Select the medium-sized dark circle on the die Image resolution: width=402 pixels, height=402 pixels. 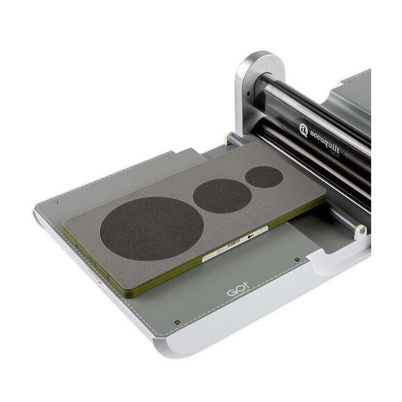tap(221, 196)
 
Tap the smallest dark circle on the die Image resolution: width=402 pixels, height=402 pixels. tap(264, 177)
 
